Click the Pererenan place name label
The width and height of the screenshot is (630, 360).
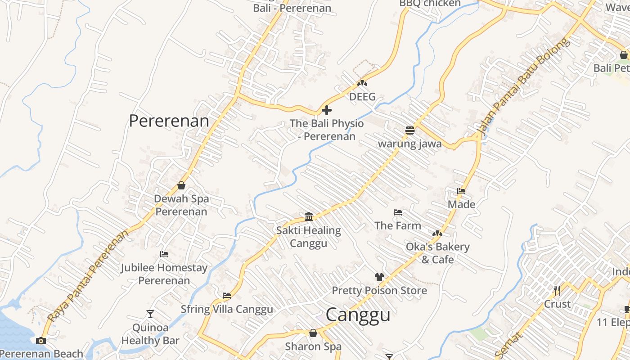pos(169,121)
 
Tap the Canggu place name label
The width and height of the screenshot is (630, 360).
pos(358,315)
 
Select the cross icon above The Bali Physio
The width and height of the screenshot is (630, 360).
pos(327,110)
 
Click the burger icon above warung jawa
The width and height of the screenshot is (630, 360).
pos(409,130)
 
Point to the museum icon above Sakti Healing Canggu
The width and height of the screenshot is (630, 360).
pos(309,217)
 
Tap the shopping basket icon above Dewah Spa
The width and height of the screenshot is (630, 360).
pos(181,185)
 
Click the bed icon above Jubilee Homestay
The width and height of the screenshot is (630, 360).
pos(164,254)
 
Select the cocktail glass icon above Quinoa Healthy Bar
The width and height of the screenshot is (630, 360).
pos(150,314)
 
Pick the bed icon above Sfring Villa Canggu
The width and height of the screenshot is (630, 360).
pos(227,296)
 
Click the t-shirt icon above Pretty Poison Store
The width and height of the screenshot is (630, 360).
pos(379,277)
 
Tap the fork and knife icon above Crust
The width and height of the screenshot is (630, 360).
pos(557,290)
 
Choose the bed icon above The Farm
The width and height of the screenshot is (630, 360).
pos(398,212)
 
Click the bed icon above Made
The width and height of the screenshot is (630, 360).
pos(461,191)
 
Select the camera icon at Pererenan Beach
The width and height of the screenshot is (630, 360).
pos(41,341)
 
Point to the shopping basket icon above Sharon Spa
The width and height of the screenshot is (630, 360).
pos(313,333)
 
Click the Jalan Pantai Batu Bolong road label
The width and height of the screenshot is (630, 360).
pos(523,88)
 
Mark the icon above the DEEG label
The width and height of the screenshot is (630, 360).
pos(362,83)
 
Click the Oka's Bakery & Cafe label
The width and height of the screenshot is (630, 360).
pos(437,253)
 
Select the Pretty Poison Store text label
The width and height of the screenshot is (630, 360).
pos(379,291)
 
